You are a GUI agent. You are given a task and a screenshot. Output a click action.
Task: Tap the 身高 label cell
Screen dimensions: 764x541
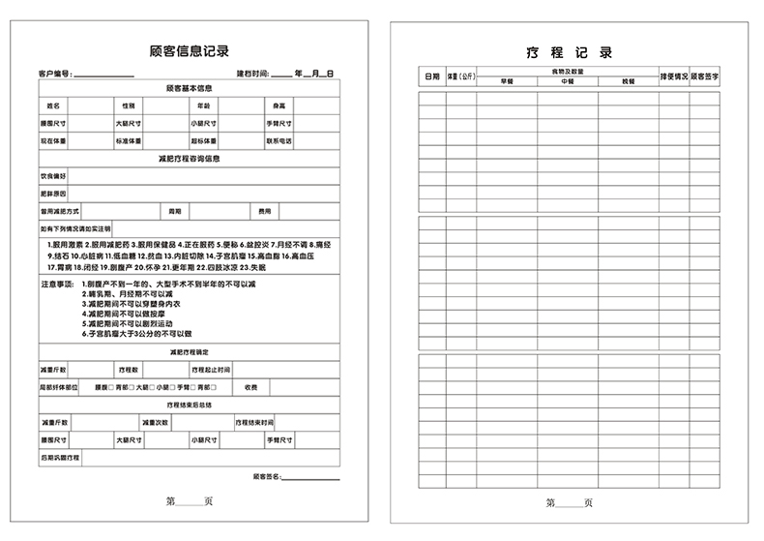[x=279, y=105]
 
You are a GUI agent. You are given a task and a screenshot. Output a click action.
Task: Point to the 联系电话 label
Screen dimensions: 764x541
[x=279, y=140]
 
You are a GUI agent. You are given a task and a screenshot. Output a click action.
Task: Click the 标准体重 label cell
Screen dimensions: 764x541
[x=129, y=140]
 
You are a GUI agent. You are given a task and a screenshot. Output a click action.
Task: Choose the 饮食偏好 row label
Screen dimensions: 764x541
[x=53, y=176]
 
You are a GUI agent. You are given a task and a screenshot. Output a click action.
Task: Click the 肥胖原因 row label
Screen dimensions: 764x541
[x=53, y=194]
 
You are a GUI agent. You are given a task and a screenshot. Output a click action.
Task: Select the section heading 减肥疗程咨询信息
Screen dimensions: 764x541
[x=190, y=159]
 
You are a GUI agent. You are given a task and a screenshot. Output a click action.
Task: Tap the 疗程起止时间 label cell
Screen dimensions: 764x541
[x=210, y=370]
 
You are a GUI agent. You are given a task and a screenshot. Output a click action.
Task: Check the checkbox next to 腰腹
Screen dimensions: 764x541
[x=111, y=387]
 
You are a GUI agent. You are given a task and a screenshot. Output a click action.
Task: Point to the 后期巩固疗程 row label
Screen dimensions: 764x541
[x=60, y=456]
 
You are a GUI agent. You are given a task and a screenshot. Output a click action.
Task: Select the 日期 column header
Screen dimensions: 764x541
[x=430, y=75]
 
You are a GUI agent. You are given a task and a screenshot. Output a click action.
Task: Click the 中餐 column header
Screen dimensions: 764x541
[x=568, y=81]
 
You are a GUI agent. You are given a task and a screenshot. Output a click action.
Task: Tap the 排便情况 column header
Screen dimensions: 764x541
[x=673, y=75]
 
